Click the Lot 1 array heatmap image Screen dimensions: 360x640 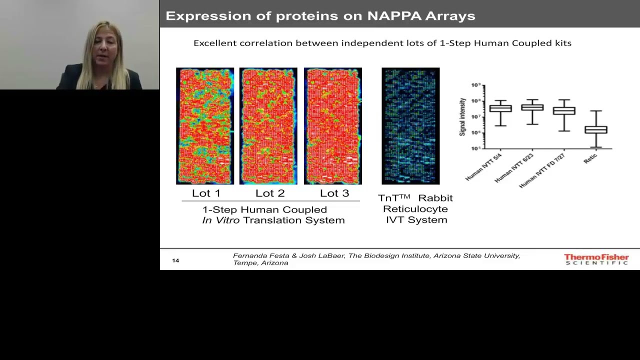pyautogui.click(x=205, y=126)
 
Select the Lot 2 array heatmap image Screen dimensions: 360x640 pyautogui.click(x=268, y=126)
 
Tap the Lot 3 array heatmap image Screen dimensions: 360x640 pyautogui.click(x=333, y=126)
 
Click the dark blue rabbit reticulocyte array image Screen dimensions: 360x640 pyautogui.click(x=410, y=126)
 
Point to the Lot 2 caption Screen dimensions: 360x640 pyautogui.click(x=270, y=193)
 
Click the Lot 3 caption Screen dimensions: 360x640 pyautogui.click(x=334, y=193)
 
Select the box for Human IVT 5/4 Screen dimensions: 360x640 pyautogui.click(x=500, y=108)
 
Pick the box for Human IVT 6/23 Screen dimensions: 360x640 pyautogui.click(x=532, y=107)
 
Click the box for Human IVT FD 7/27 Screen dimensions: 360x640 pyautogui.click(x=564, y=110)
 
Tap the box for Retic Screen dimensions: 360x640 pyautogui.click(x=596, y=129)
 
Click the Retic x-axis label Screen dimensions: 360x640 pyautogui.click(x=590, y=158)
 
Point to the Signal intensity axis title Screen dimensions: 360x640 pyautogui.click(x=462, y=116)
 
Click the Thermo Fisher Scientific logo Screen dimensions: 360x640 pyautogui.click(x=596, y=259)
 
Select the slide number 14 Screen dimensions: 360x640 pyautogui.click(x=175, y=260)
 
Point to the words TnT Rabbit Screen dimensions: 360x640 pyautogui.click(x=415, y=198)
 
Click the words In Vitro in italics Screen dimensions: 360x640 pyautogui.click(x=220, y=220)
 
